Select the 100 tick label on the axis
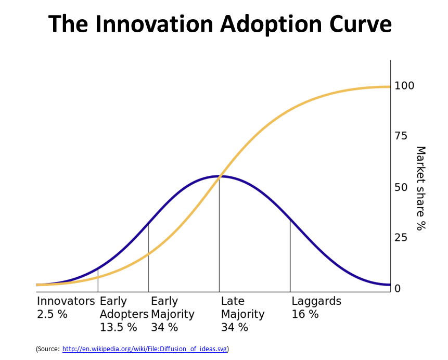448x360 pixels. coord(404,86)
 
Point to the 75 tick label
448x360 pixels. coord(401,136)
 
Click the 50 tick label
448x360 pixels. coord(401,187)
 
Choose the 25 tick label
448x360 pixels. coord(401,238)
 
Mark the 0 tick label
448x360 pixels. coord(398,289)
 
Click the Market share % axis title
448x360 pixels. coord(421,188)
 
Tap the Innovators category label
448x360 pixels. coord(66,301)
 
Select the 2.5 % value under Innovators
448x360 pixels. coord(52,314)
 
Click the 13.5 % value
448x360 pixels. coord(118,327)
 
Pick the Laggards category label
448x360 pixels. coord(316,301)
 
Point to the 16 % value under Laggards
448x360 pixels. coord(305,314)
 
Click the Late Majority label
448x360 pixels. coord(242,307)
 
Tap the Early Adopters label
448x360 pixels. coord(123,307)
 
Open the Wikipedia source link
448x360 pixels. coord(145,349)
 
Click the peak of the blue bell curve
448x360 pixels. coord(219,176)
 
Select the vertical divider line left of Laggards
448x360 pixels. coord(290,255)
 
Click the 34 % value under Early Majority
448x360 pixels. coord(164,327)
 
